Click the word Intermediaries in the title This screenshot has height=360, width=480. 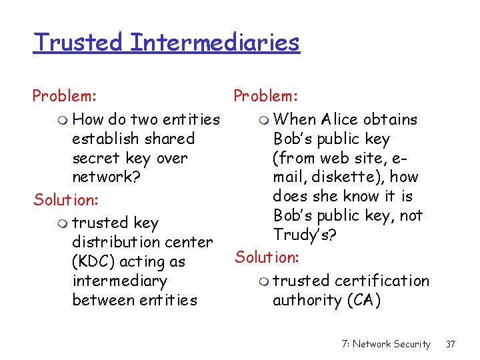pos(215,43)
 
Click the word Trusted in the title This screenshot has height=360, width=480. pos(78,43)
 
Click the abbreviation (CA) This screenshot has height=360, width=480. pos(364,301)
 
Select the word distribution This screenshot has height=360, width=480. pos(113,242)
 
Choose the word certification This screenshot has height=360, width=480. pos(382,281)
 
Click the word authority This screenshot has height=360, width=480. pos(307,301)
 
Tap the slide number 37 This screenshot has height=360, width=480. pos(451,344)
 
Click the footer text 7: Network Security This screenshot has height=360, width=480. pos(386,344)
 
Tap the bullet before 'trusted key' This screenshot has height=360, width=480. pos(63,223)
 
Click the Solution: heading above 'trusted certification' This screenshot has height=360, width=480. pos(267,257)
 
